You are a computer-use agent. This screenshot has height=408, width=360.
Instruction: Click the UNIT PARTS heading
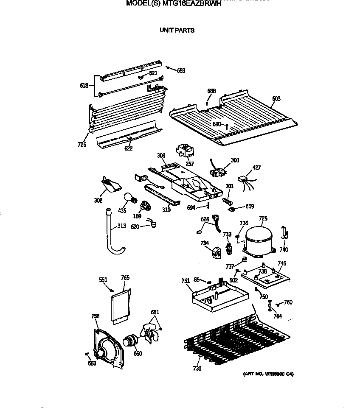click(x=177, y=30)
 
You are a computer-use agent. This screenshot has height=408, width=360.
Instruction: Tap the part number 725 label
click(x=263, y=218)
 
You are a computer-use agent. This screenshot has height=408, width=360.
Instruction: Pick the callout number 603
click(x=276, y=99)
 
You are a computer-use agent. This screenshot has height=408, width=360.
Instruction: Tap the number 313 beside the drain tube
click(x=121, y=226)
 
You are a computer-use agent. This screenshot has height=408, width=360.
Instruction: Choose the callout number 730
click(x=197, y=369)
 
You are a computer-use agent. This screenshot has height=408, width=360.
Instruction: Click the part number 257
click(x=190, y=163)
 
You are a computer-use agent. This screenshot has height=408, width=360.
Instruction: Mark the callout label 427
click(x=257, y=168)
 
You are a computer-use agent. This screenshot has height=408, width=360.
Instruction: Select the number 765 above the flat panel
click(x=125, y=278)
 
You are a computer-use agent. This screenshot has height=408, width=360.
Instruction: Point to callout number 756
click(x=96, y=316)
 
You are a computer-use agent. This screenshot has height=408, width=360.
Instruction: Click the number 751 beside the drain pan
click(x=186, y=280)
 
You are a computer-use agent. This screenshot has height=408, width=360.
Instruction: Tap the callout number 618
click(x=84, y=86)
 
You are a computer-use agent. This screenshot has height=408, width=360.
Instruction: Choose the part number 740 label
click(x=284, y=250)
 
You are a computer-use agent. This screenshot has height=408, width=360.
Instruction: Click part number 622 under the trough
click(x=128, y=148)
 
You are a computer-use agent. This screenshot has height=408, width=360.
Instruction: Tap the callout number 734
click(x=205, y=243)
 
